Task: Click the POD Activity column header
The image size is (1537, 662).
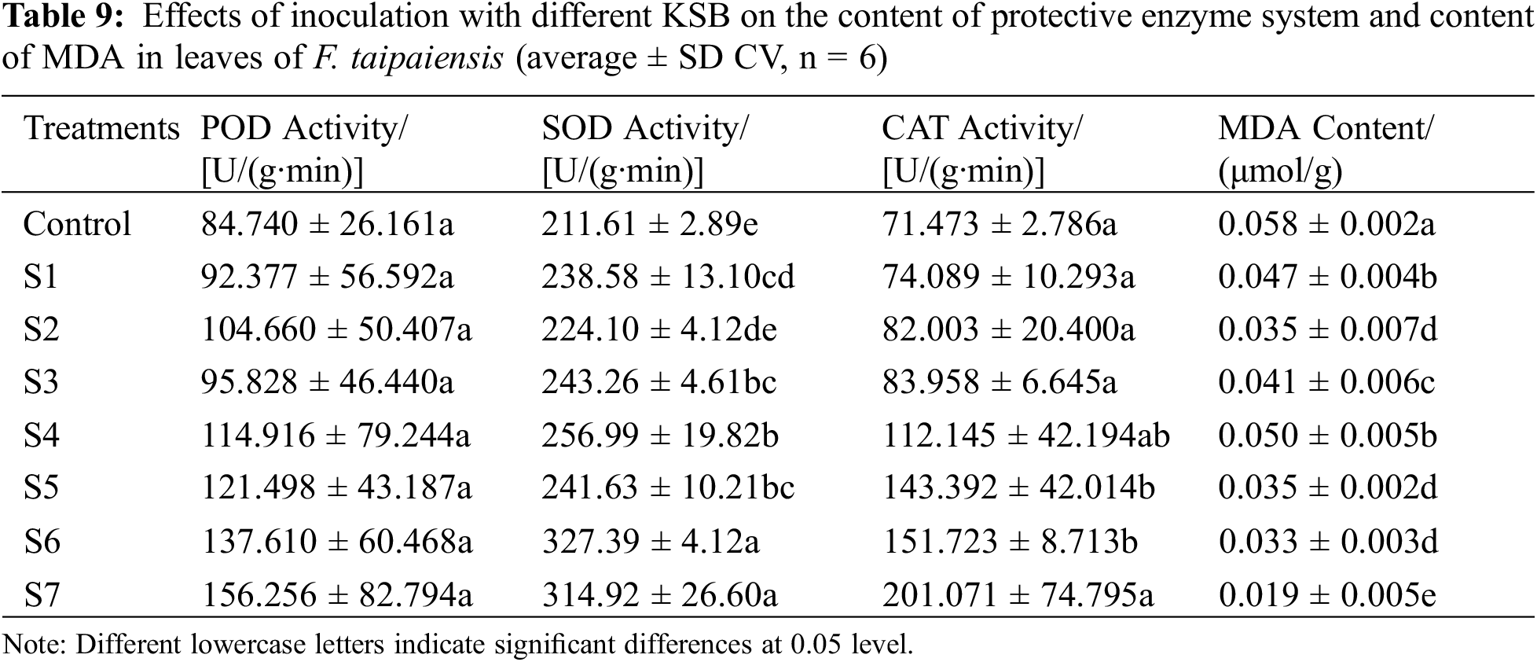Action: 303,149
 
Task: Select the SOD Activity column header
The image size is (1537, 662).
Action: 644,149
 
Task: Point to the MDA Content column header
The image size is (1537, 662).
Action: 1325,149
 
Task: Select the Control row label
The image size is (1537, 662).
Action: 77,225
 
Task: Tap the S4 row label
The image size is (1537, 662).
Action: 42,436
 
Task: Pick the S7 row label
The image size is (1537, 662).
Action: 42,595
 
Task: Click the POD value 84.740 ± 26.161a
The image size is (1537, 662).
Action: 328,225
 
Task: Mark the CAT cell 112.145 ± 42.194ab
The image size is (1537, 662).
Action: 1026,436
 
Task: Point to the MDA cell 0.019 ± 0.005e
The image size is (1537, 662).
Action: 1327,595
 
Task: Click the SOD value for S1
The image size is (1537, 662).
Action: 668,277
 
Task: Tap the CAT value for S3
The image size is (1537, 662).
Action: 999,382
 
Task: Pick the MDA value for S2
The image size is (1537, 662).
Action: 1327,329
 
